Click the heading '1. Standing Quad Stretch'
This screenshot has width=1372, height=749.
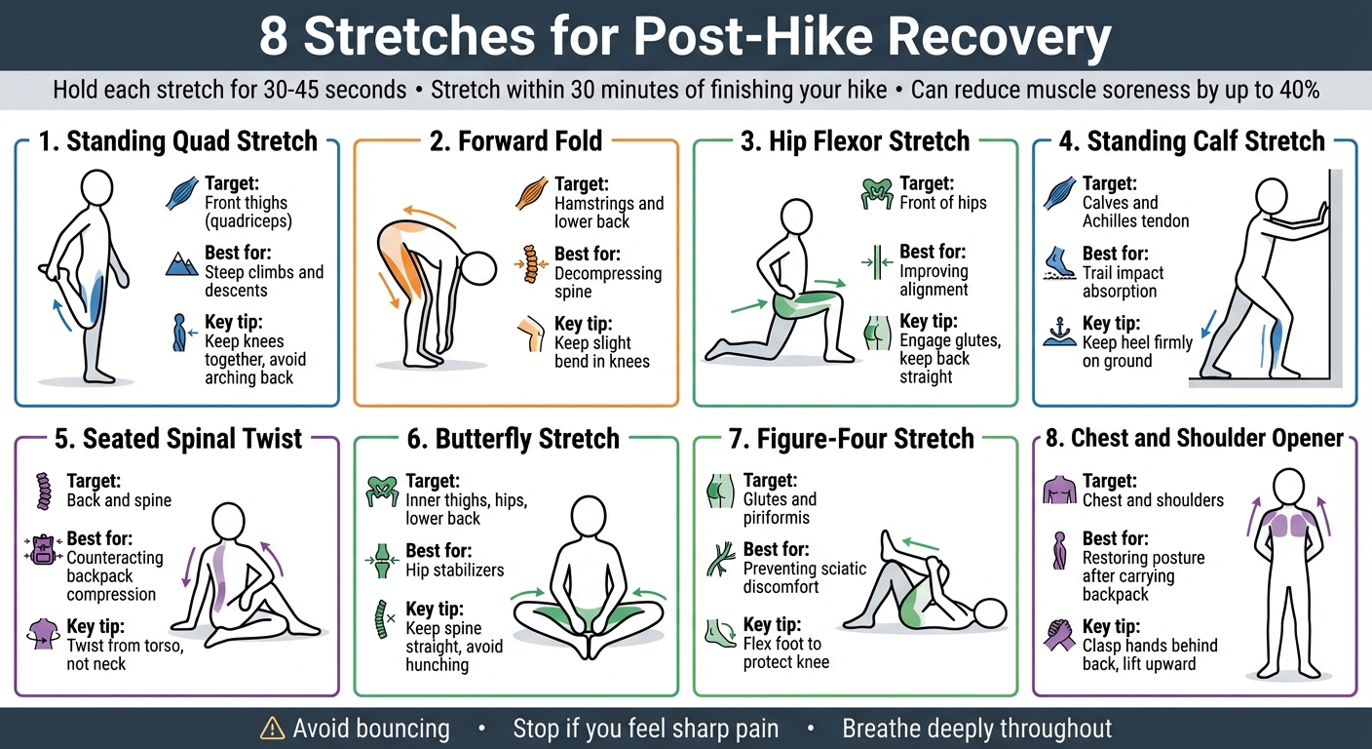point(177,140)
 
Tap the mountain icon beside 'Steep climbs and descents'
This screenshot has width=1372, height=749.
point(181,262)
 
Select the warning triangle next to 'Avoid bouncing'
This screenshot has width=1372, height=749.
point(272,729)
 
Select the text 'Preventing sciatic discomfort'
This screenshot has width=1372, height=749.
point(804,577)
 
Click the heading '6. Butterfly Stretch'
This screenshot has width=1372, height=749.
point(513,439)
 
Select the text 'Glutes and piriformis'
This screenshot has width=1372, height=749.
point(780,508)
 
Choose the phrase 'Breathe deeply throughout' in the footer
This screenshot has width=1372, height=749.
point(976,729)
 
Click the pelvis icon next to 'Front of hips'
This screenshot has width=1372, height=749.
point(876,193)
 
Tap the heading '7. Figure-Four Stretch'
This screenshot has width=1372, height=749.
point(852,439)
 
